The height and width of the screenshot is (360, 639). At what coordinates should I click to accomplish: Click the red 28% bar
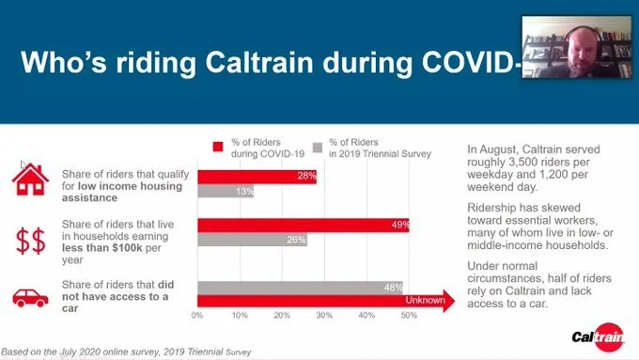[256, 177]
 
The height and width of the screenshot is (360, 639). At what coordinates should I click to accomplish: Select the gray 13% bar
[225, 192]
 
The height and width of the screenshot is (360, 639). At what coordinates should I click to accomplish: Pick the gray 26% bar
[252, 240]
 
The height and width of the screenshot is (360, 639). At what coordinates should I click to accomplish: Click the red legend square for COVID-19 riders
[218, 146]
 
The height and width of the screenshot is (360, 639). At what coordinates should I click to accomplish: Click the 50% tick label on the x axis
[409, 316]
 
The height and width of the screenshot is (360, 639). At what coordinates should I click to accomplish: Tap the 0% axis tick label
[196, 316]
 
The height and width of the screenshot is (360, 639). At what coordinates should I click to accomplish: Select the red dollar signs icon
[31, 241]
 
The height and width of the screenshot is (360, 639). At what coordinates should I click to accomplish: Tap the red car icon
[31, 297]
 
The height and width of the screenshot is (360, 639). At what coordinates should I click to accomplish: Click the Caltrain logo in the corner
[596, 337]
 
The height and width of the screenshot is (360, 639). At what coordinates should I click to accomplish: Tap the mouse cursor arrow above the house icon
[23, 164]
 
